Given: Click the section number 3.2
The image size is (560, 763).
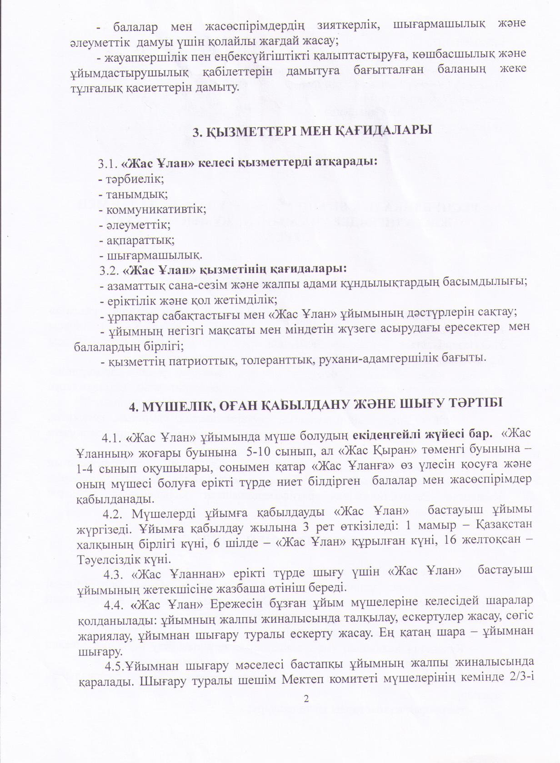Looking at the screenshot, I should click(x=109, y=270).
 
